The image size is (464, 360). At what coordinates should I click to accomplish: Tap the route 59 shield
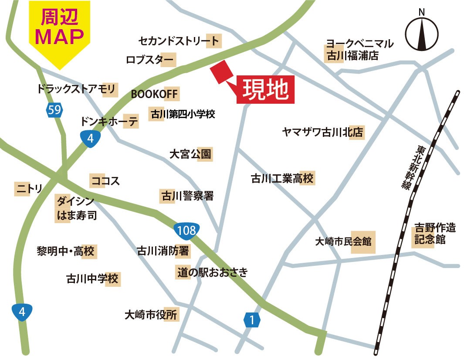[x=54, y=110]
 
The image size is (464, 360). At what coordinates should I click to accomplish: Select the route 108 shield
[x=186, y=230]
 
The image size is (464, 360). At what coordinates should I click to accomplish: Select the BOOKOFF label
[x=155, y=94]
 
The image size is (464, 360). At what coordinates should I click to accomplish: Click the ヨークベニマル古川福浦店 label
[x=359, y=50]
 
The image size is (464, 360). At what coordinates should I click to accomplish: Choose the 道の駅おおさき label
[x=212, y=273]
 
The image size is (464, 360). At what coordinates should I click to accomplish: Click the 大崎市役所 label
[x=151, y=314]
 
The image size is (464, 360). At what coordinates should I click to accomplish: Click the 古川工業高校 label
[x=282, y=179]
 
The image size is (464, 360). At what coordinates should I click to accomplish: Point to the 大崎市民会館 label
[x=344, y=241]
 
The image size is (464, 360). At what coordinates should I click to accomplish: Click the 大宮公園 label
[x=190, y=154]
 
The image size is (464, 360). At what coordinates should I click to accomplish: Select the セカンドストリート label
[x=179, y=41]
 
